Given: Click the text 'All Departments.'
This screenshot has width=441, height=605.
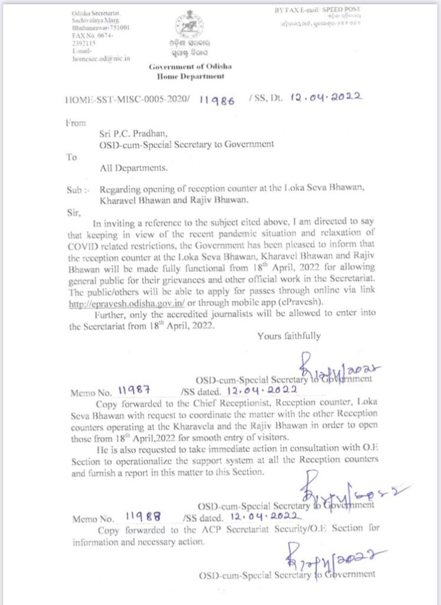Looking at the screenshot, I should [x=133, y=168].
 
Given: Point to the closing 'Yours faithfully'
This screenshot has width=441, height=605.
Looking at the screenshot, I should [x=289, y=336].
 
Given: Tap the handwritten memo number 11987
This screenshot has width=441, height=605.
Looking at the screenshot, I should [x=135, y=390].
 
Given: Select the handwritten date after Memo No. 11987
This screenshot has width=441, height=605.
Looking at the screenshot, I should [x=260, y=391].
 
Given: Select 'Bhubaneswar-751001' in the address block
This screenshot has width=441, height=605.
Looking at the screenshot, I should [x=100, y=28].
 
